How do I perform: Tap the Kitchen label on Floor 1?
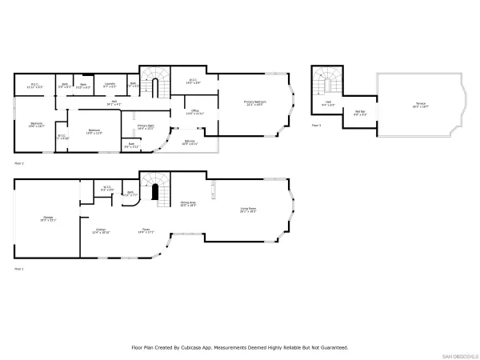pos(102,230)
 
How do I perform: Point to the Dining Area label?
pos(188,204)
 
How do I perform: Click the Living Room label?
pos(248,210)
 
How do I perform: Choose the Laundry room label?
pos(111,83)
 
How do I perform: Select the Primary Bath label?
pos(146,126)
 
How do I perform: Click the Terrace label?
pos(420,105)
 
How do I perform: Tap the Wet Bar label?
pos(360,113)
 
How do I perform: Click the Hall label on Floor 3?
pos(328,103)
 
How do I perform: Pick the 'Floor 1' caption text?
pos(19,270)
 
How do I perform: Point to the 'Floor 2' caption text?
pos(19,162)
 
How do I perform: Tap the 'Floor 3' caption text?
pos(317,126)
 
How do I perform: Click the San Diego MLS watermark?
pos(459,355)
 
